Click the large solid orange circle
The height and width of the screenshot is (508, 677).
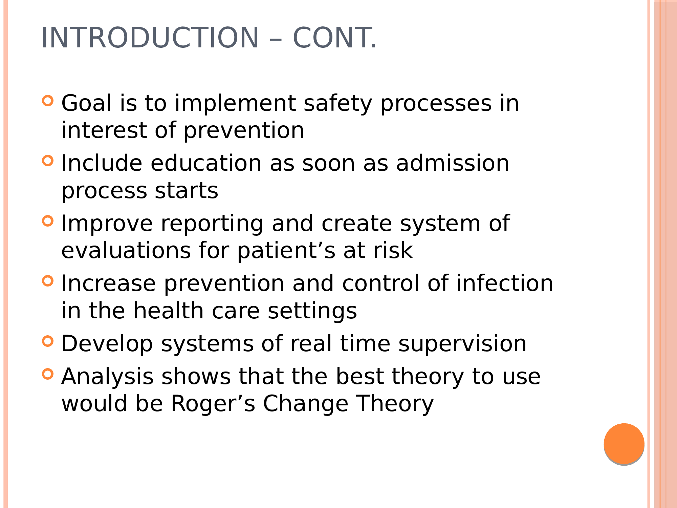(624, 443)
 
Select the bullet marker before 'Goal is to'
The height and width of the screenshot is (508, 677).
(48, 101)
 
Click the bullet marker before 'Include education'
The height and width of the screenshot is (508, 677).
(48, 161)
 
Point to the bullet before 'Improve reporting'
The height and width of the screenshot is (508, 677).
(48, 221)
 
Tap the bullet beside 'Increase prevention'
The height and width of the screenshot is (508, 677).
(48, 281)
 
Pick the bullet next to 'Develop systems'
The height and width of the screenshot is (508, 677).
(48, 341)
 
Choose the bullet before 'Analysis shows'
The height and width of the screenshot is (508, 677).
(48, 374)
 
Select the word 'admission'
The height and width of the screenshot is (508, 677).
(453, 163)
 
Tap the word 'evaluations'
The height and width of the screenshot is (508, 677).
(126, 251)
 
